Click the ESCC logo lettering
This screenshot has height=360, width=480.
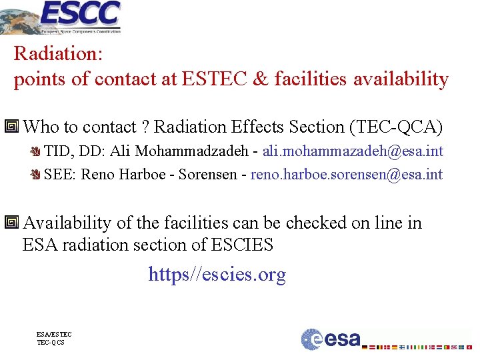tap(81, 13)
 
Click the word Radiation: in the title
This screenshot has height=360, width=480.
tap(57, 53)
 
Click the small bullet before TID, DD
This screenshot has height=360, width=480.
tap(37, 152)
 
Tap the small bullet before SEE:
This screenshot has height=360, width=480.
tap(37, 175)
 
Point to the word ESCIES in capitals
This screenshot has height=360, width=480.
tap(242, 245)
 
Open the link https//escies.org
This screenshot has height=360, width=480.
tap(217, 275)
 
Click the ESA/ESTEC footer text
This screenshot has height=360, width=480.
tap(54, 335)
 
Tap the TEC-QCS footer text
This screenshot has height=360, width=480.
tap(51, 343)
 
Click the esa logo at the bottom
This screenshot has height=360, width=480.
tap(331, 339)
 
